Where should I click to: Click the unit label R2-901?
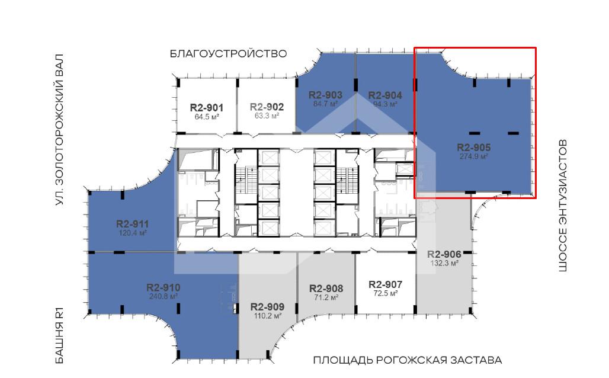point(207,108)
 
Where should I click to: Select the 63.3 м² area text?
point(267,116)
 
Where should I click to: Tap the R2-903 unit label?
point(325,95)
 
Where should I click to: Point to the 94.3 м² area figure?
point(385,104)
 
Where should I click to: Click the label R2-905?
point(474,148)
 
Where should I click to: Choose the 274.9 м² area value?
point(474,156)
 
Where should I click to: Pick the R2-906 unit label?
point(444,254)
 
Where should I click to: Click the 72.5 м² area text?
point(385,293)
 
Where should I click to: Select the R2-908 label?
point(326,289)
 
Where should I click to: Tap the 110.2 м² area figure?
point(268,316)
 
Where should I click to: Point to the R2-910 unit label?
point(163,288)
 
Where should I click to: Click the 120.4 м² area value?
point(133,233)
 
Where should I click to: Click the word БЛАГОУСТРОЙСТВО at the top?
point(229,53)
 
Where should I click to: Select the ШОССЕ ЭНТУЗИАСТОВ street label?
point(563,206)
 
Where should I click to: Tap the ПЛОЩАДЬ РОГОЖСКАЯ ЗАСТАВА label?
point(408,360)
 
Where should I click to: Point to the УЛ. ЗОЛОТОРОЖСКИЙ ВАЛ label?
point(59,129)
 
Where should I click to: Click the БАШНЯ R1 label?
point(59,336)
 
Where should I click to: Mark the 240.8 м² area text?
point(163,296)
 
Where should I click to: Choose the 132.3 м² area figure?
point(444,263)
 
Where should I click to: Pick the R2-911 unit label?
point(133,224)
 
